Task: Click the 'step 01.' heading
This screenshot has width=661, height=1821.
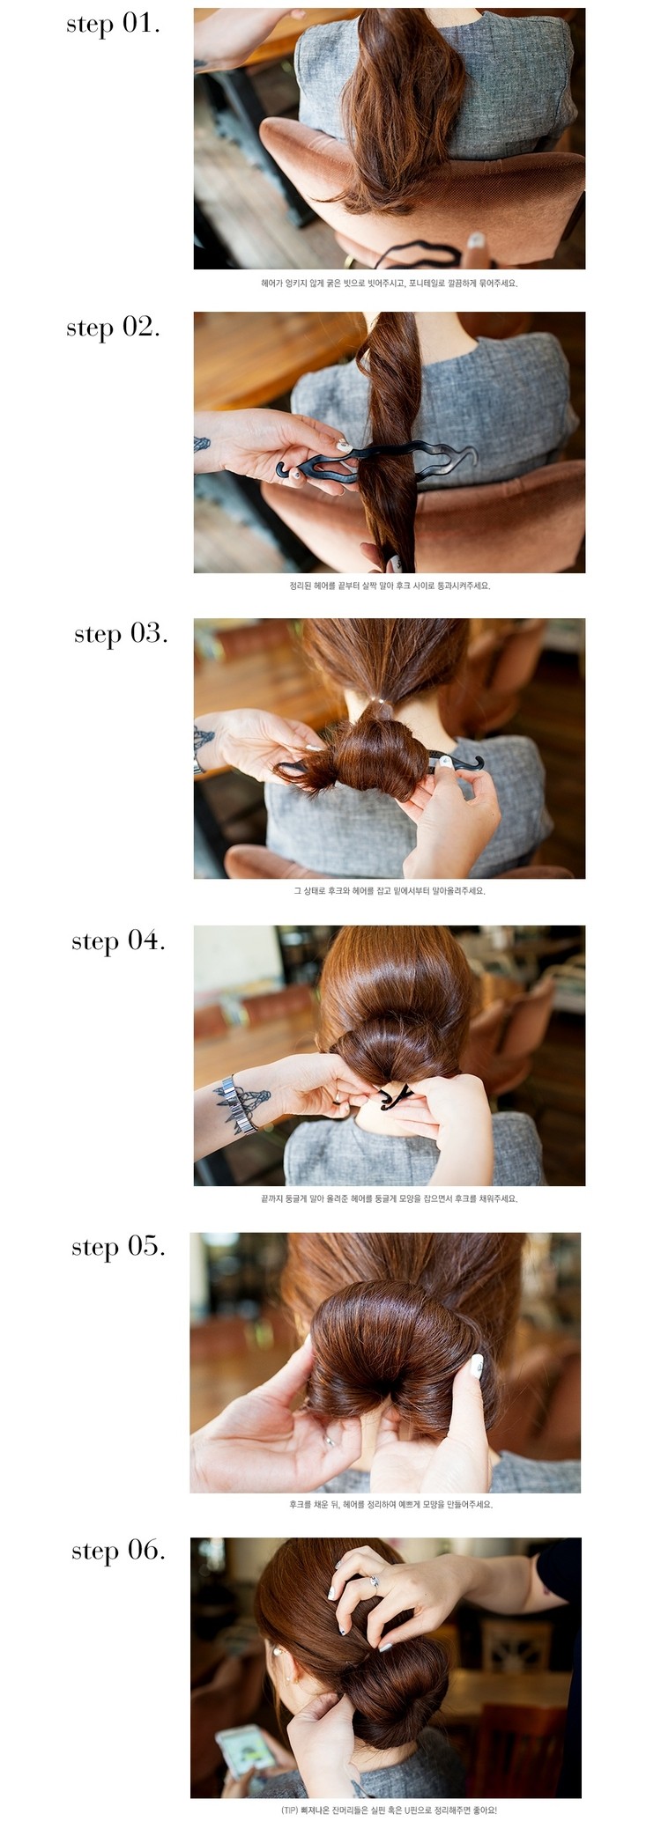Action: click(113, 24)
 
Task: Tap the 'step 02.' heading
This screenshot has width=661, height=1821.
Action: click(113, 328)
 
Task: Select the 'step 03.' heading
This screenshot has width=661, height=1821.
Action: click(121, 634)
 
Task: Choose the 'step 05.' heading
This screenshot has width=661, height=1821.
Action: click(118, 1247)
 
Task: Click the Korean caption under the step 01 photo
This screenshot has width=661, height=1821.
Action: click(389, 284)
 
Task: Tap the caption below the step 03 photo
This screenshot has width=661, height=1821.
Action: click(389, 890)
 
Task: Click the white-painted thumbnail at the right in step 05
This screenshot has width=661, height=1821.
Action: click(477, 1366)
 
